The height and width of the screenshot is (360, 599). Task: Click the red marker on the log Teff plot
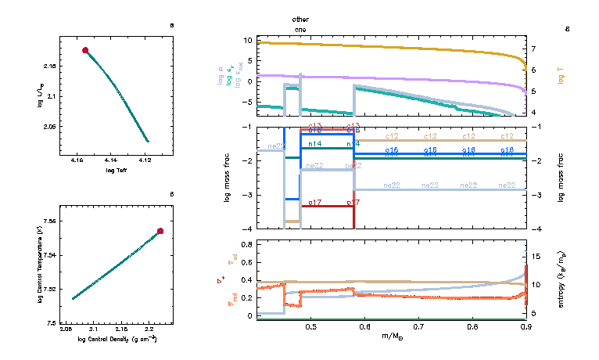tap(86, 50)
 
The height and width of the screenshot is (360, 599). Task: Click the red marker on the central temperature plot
tap(160, 231)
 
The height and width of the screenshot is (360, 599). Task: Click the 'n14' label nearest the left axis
tap(315, 144)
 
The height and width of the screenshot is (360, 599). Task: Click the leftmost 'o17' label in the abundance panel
tap(315, 203)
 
